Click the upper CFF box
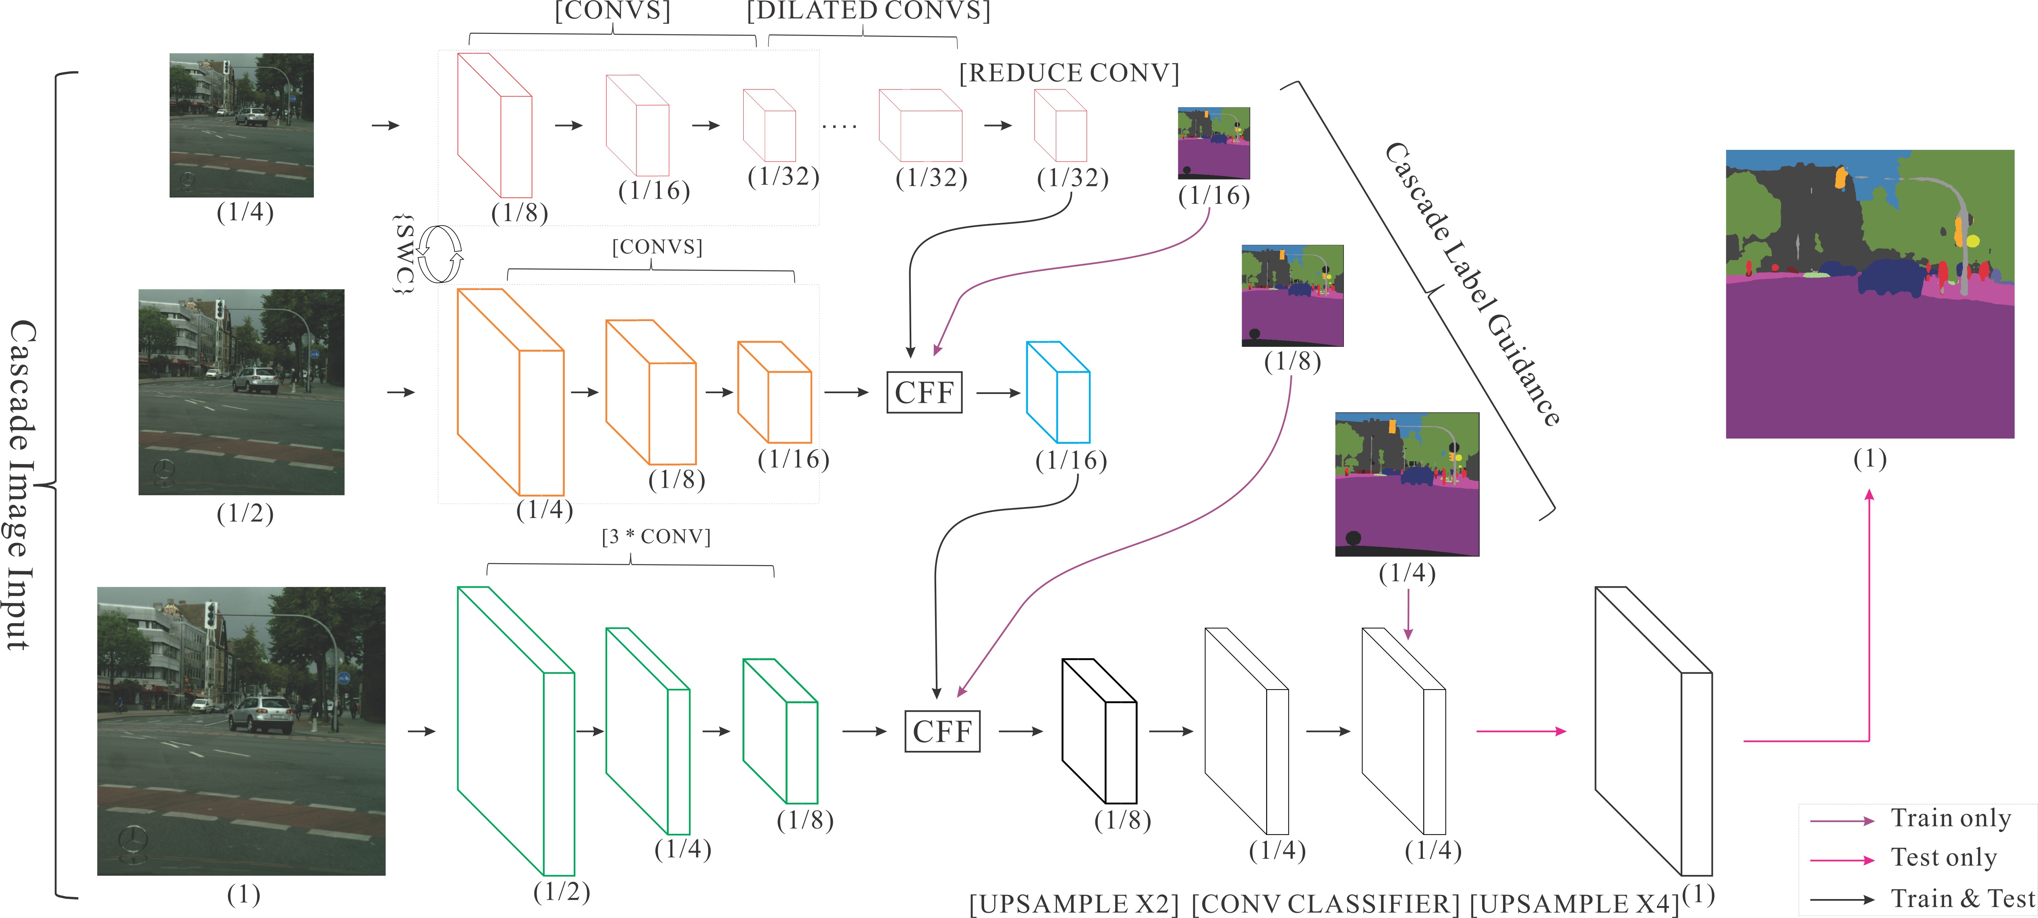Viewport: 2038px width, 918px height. (924, 392)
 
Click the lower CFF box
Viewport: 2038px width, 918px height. (941, 731)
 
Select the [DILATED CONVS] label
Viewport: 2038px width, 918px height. (868, 11)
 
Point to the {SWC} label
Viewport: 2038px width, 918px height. (404, 255)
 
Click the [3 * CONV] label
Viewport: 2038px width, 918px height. (656, 537)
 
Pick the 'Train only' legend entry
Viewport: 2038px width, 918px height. (1950, 818)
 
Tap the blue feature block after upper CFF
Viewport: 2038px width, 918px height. (1058, 392)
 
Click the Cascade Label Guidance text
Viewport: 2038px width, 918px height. (1472, 285)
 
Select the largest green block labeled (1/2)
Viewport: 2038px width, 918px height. (515, 730)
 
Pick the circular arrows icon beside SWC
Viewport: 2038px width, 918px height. (440, 255)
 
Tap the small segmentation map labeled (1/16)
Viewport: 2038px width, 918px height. (1214, 143)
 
